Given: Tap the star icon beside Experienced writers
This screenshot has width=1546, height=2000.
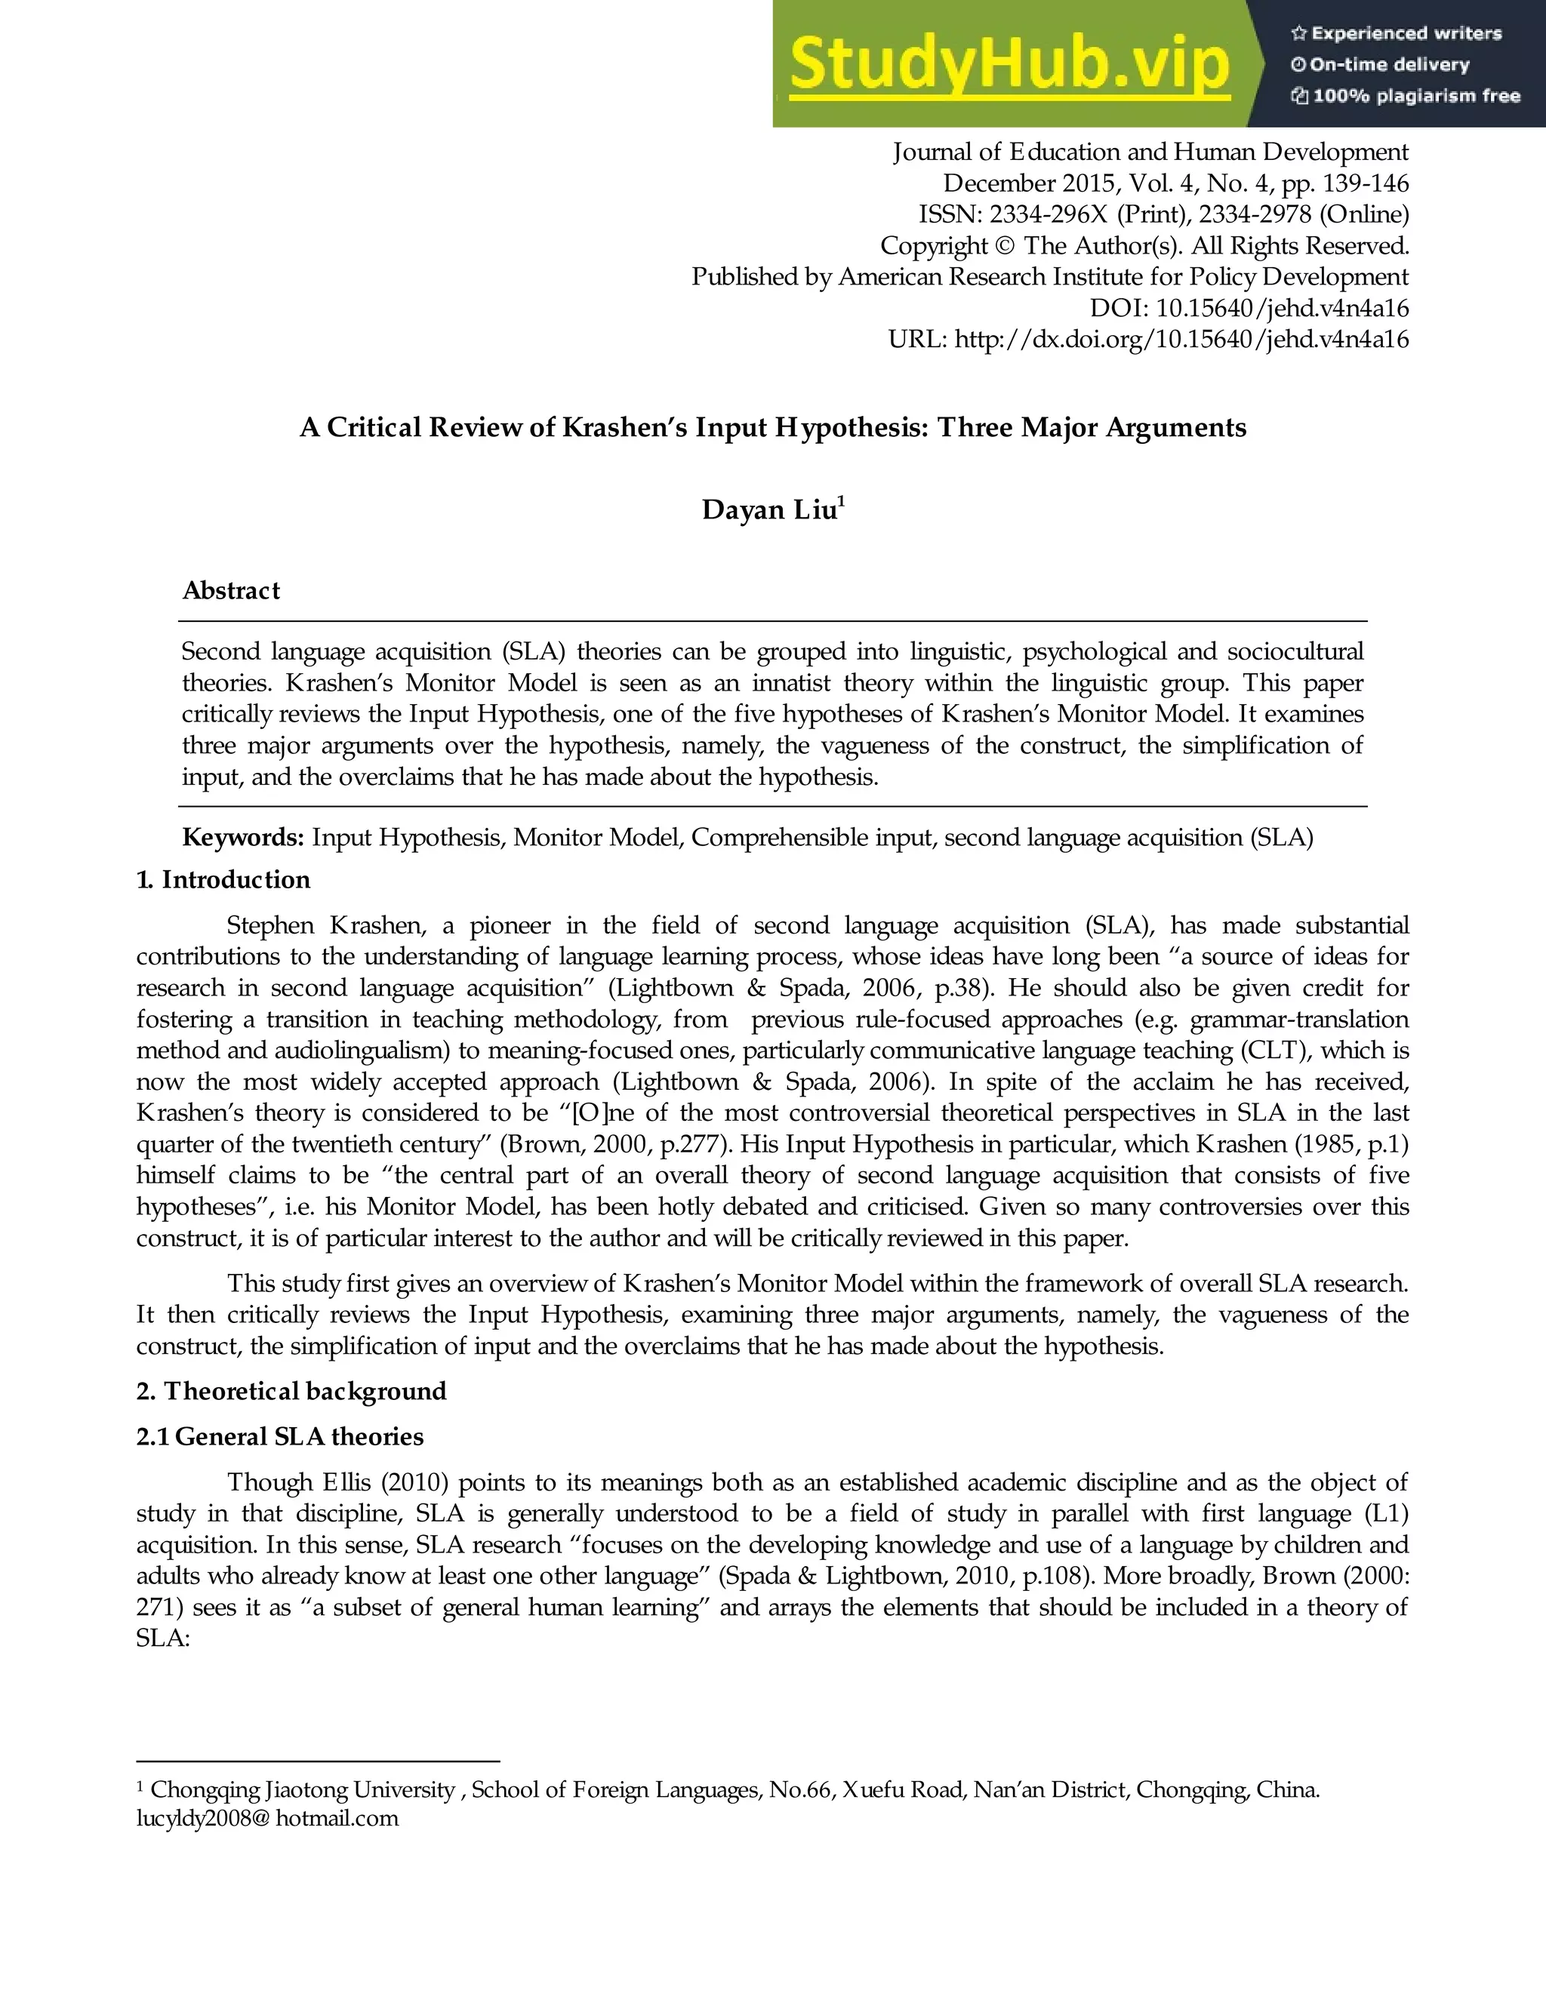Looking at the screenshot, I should pos(1298,34).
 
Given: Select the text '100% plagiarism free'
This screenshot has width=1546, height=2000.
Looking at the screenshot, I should pos(1416,96).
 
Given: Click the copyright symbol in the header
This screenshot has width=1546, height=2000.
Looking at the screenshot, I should pos(1006,245).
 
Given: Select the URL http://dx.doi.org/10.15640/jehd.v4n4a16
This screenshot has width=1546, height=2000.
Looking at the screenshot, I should pos(1181,340).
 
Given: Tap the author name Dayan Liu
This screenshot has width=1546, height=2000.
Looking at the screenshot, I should pos(769,509).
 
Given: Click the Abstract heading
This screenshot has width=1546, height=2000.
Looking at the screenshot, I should pos(231,591).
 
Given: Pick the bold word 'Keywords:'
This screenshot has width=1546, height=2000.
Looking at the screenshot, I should pos(243,837).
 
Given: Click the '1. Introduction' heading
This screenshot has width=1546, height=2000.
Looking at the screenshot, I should pos(223,880).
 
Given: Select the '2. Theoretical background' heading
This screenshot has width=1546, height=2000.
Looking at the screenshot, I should pos(291,1391).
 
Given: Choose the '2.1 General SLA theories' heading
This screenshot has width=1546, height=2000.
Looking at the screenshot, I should pos(280,1436).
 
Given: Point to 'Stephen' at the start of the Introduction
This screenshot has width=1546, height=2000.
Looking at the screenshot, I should pos(270,925).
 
